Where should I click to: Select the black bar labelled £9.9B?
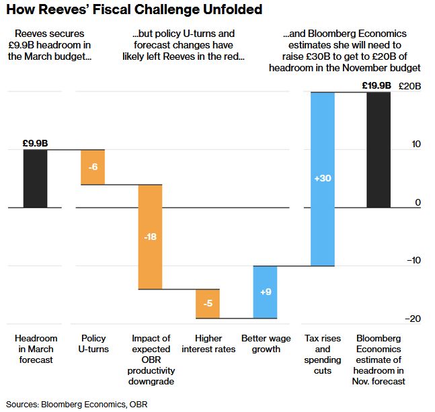(35, 178)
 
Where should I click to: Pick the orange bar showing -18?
(150, 237)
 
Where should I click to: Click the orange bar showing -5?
(208, 304)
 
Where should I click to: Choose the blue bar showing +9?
(265, 292)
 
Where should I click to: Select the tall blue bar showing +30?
(323, 179)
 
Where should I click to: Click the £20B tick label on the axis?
(409, 86)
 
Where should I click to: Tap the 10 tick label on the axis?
(416, 144)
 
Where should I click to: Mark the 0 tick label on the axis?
(418, 202)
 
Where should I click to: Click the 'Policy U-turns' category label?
(93, 344)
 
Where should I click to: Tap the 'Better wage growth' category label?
(266, 344)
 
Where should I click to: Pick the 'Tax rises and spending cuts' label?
(323, 354)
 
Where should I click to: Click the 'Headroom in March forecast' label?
(36, 349)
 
